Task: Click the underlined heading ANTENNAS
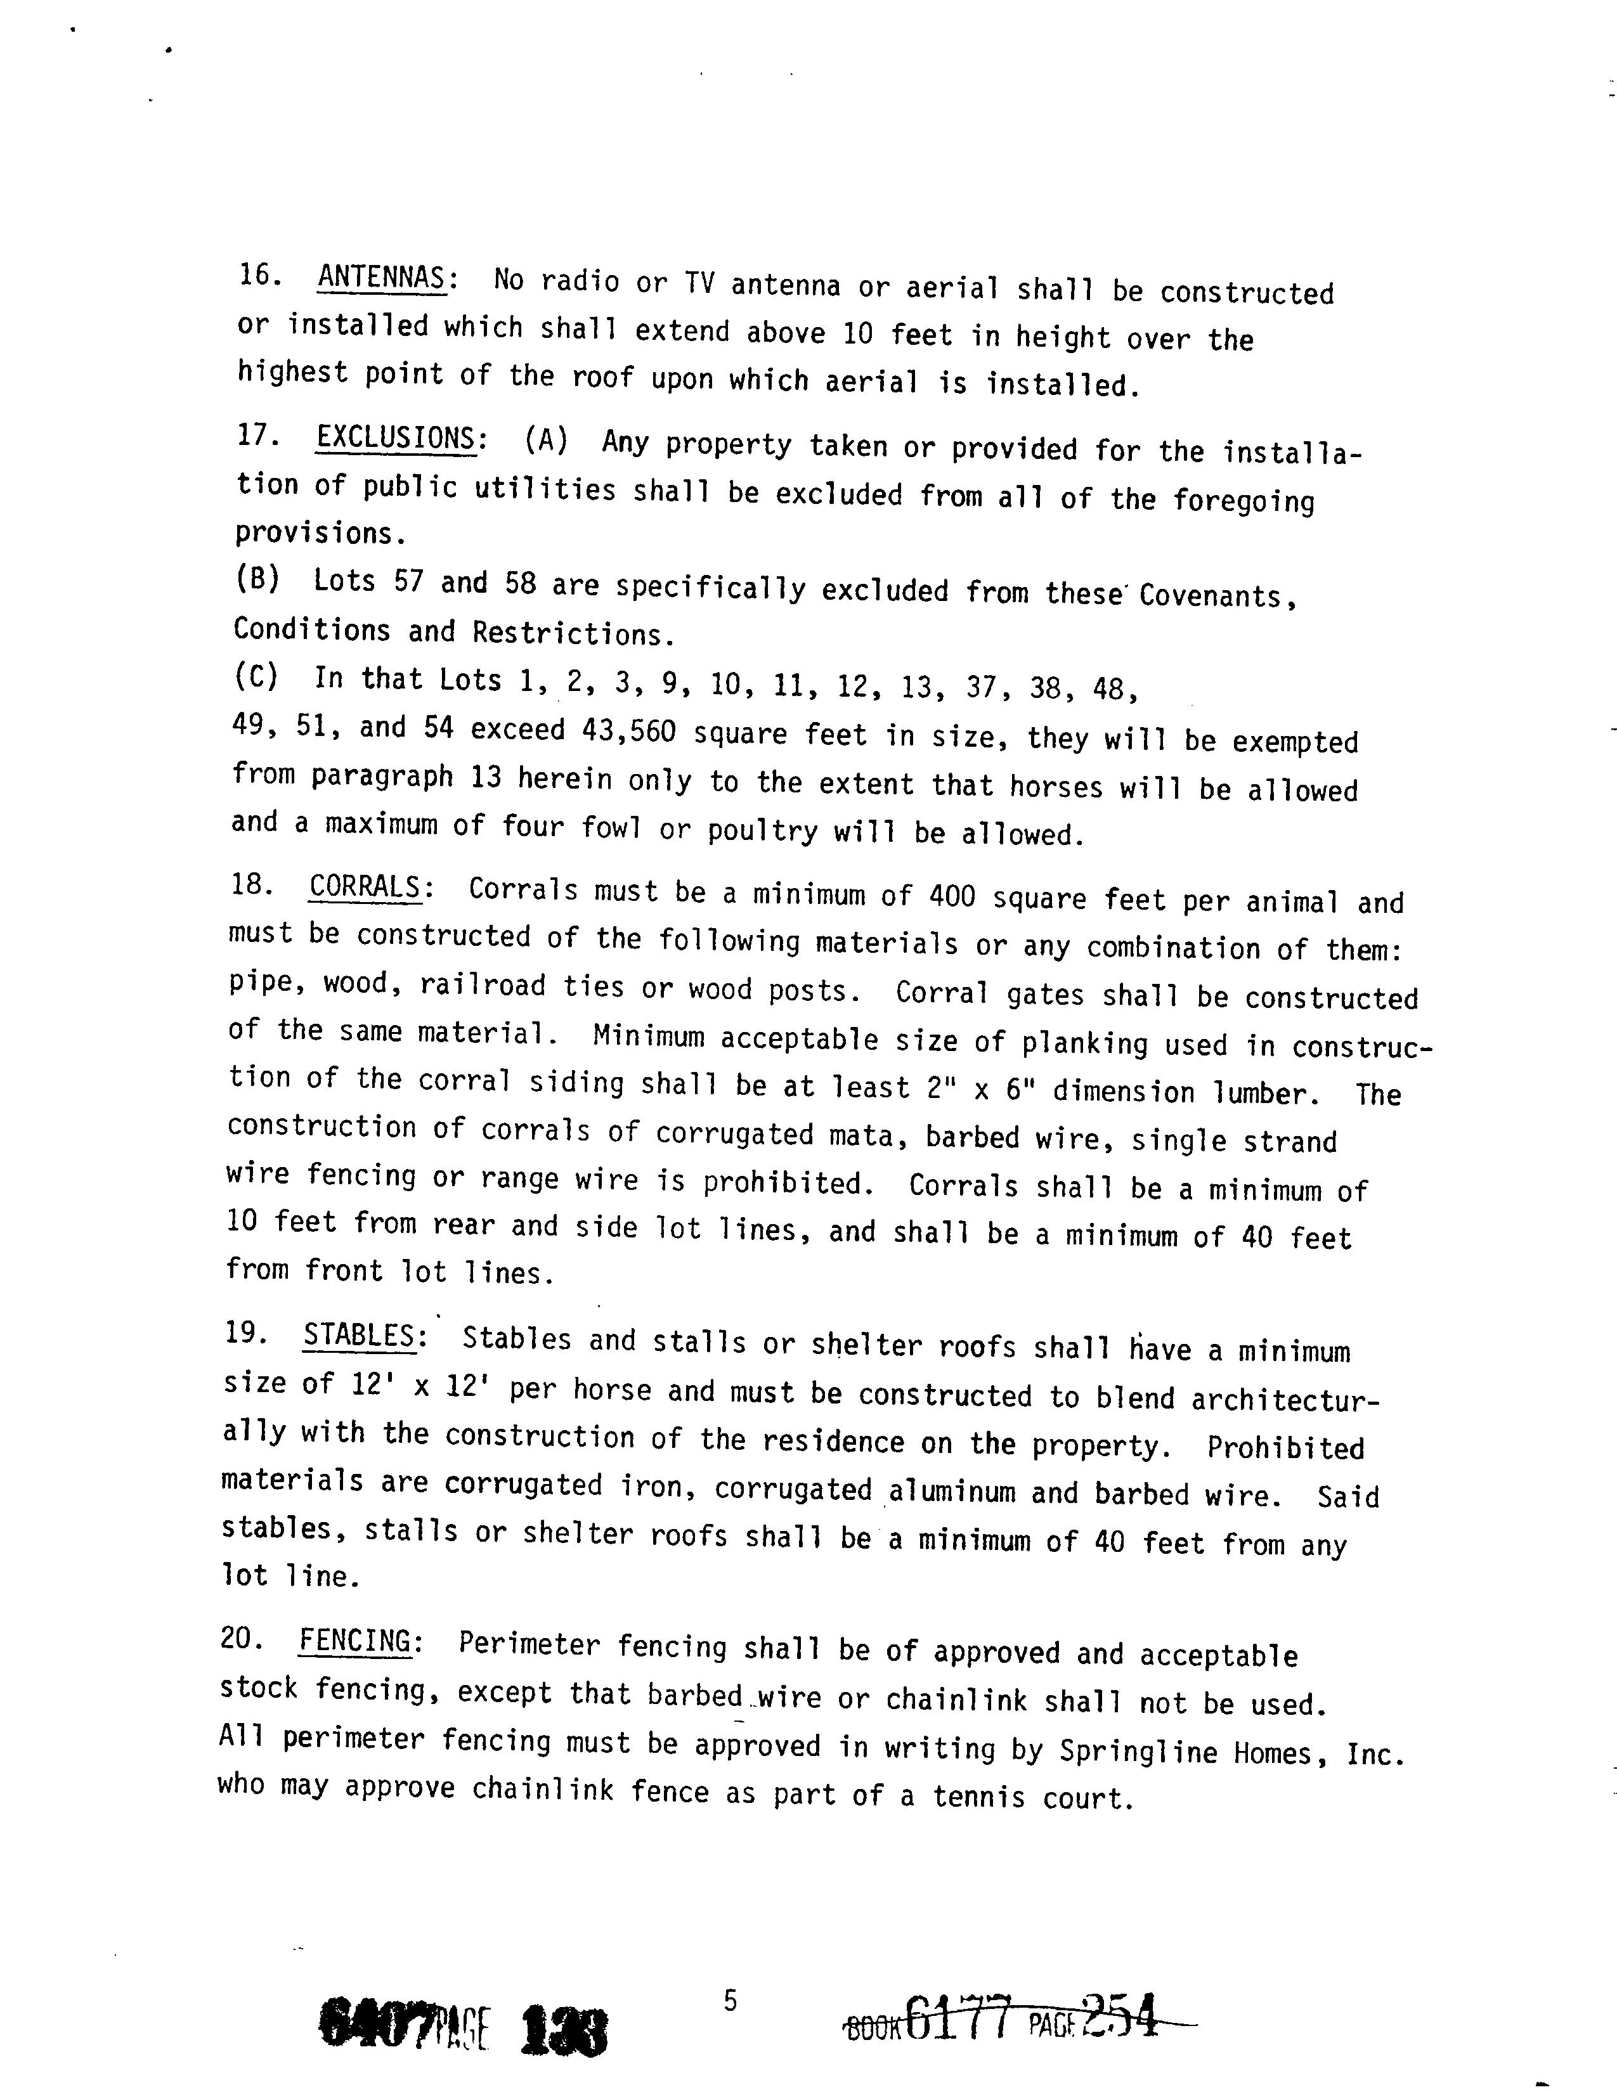380,279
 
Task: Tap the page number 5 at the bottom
730,2001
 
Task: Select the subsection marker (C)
256,676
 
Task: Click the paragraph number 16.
259,275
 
